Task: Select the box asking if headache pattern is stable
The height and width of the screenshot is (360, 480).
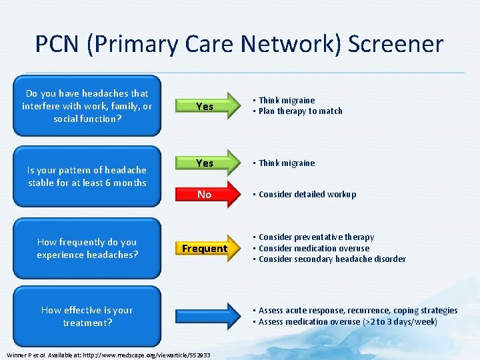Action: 87,177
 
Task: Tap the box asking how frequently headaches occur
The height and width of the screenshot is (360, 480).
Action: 87,248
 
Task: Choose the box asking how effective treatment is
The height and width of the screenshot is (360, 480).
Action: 87,316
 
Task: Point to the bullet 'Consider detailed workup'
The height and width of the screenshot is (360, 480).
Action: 307,195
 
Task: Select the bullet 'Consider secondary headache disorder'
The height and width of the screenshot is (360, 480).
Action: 332,259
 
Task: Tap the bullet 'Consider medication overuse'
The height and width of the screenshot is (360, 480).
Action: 314,248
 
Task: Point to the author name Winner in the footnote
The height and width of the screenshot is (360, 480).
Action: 16,355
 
